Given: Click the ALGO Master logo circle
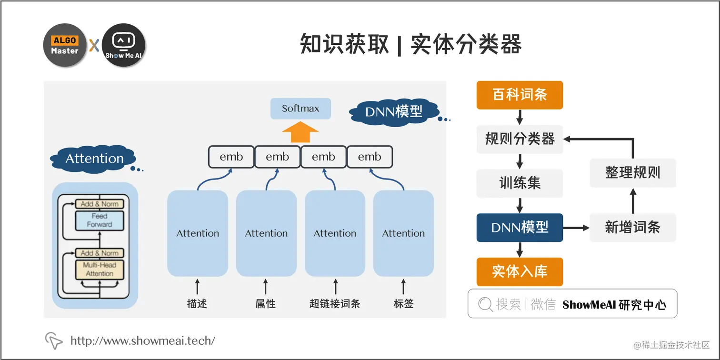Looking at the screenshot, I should pyautogui.click(x=65, y=45).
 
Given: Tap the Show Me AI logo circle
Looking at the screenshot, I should pyautogui.click(x=123, y=45).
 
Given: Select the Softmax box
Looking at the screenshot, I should pyautogui.click(x=300, y=109).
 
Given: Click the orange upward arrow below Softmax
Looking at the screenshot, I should pyautogui.click(x=300, y=132).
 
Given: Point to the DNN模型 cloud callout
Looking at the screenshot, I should pyautogui.click(x=393, y=111).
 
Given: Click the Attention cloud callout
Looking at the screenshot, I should pyautogui.click(x=94, y=159).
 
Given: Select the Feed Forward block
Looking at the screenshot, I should pyautogui.click(x=100, y=220).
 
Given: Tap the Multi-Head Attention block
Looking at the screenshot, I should pyautogui.click(x=100, y=270).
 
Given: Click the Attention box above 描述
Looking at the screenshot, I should pyautogui.click(x=198, y=233).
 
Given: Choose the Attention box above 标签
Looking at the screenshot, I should pyautogui.click(x=403, y=233).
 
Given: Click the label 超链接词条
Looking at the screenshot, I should pyautogui.click(x=335, y=303).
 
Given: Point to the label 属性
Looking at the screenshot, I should pyautogui.click(x=265, y=303).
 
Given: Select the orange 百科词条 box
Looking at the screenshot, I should pyautogui.click(x=520, y=95).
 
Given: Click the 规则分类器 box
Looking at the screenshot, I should pyautogui.click(x=520, y=139).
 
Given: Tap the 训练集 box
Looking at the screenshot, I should pyautogui.click(x=520, y=183).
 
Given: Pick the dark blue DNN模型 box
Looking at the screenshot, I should pyautogui.click(x=520, y=228).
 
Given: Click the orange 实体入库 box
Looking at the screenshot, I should pyautogui.click(x=520, y=271).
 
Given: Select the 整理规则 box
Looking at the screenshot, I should pyautogui.click(x=632, y=172).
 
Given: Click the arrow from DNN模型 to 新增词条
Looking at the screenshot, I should pyautogui.click(x=576, y=228).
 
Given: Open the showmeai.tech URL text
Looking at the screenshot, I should pyautogui.click(x=142, y=340).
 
